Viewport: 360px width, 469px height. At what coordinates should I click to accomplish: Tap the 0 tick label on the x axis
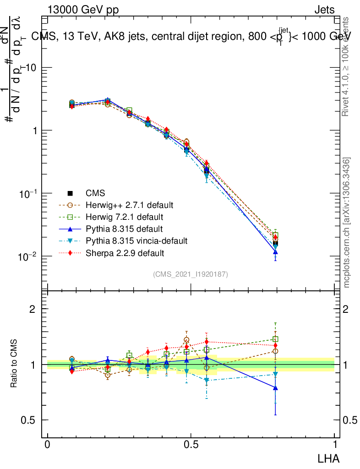pyautogui.click(x=47, y=445)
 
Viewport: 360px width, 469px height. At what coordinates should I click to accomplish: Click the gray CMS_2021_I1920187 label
pyautogui.click(x=191, y=274)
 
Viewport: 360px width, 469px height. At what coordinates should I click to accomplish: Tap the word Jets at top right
pyautogui.click(x=324, y=10)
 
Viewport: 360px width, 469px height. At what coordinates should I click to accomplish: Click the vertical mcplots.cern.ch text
pyautogui.click(x=348, y=223)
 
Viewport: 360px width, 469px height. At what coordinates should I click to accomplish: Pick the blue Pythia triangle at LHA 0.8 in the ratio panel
pyautogui.click(x=275, y=387)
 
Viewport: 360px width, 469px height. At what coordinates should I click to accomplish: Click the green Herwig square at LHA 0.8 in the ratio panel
pyautogui.click(x=275, y=339)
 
